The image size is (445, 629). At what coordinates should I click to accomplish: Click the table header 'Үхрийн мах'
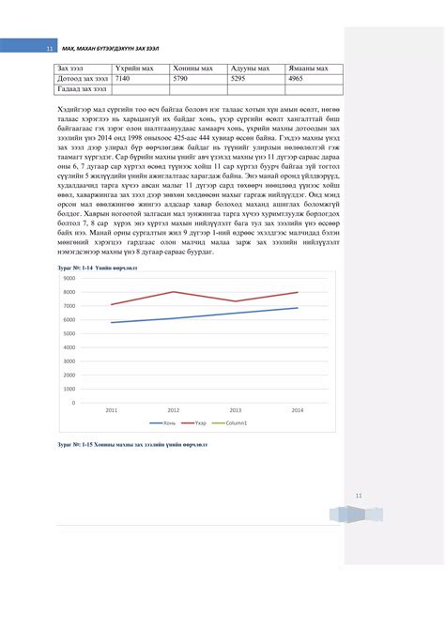[134, 69]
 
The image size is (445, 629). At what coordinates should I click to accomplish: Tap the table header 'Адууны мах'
[251, 69]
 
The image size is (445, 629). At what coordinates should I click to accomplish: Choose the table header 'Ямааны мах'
[309, 69]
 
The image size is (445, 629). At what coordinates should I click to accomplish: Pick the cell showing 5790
[183, 80]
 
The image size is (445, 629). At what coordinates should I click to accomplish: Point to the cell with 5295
[240, 80]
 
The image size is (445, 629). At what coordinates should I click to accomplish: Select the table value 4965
[297, 80]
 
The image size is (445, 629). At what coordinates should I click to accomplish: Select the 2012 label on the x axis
[174, 410]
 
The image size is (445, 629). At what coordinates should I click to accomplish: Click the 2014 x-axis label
[297, 410]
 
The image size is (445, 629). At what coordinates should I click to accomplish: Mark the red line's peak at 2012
[174, 292]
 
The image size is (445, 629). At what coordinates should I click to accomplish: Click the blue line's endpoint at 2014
[297, 308]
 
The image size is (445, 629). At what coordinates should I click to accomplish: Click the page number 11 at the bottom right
[358, 495]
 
